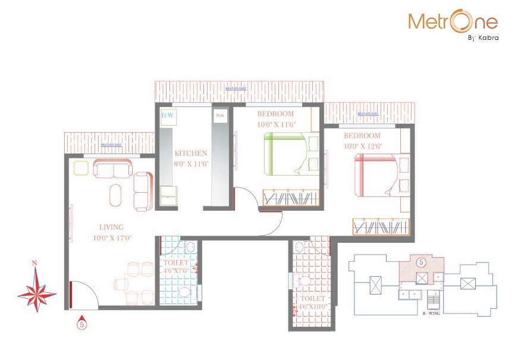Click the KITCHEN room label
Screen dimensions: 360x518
(x=190, y=153)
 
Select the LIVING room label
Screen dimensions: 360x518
(x=111, y=227)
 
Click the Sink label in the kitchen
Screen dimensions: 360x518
(x=219, y=115)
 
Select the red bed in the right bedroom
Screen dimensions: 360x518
(x=381, y=175)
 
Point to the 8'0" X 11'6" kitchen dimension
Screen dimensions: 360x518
(x=190, y=164)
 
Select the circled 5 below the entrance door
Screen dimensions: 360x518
(x=83, y=324)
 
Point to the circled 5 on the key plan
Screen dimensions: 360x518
(x=421, y=262)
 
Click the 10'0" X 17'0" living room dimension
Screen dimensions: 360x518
(x=111, y=238)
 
